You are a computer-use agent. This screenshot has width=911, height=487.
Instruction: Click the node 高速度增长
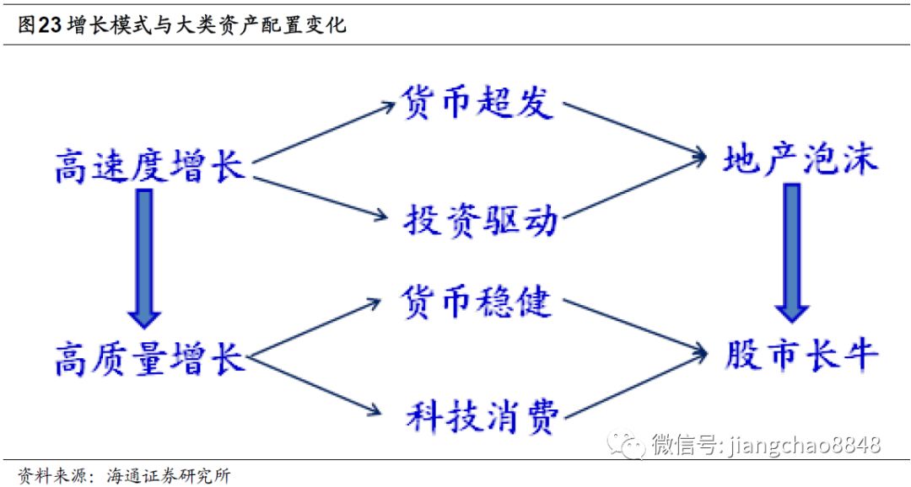point(149,167)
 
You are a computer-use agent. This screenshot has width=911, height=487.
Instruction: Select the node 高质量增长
point(149,356)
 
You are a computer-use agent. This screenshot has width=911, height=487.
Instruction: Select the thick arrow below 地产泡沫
point(792,253)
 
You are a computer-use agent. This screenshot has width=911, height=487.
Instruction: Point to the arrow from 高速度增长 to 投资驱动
point(324,200)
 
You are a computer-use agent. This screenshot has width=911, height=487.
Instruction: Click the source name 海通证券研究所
point(169,475)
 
